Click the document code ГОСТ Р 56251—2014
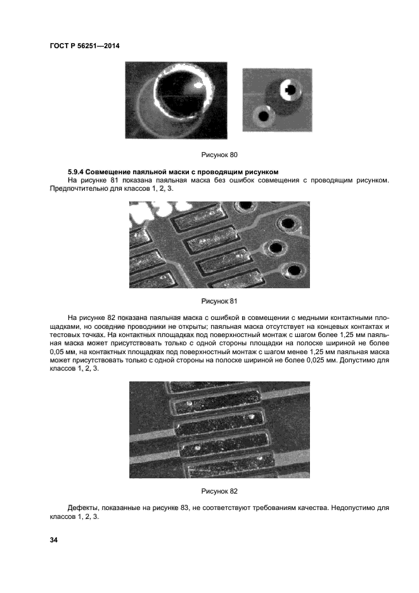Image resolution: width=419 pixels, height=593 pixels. pos(84,46)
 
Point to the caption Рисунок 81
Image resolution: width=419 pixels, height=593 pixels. pos(219,301)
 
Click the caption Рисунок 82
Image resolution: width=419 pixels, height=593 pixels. pos(219,491)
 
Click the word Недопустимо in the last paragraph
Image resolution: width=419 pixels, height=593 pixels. pos(343,508)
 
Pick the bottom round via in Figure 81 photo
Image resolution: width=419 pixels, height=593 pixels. pos(294,271)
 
